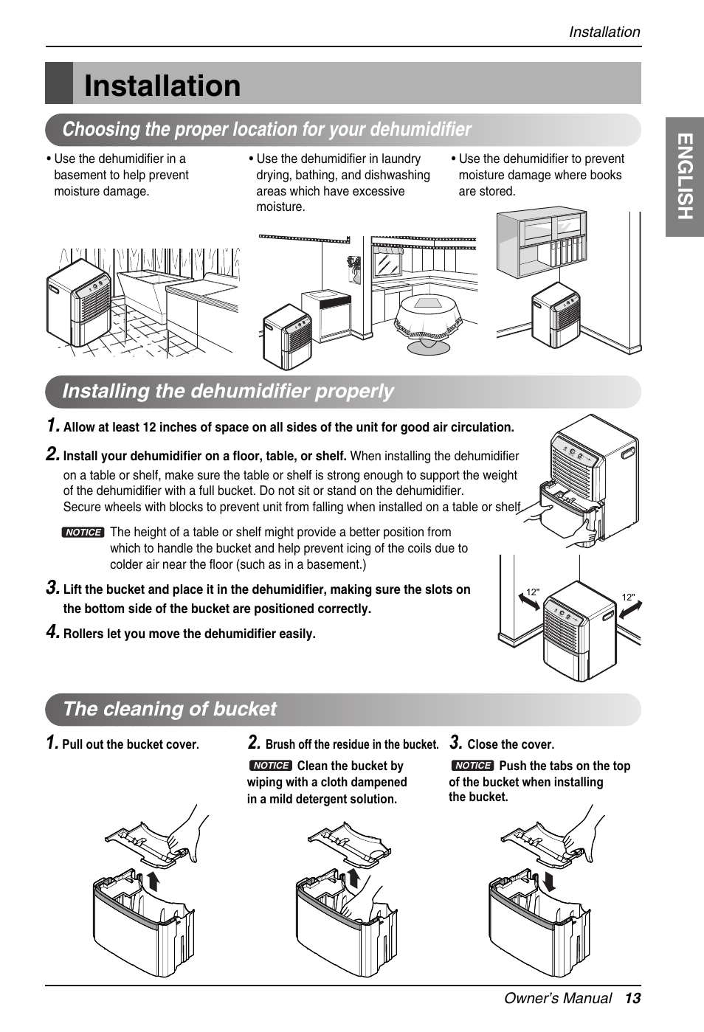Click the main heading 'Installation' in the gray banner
click(x=162, y=86)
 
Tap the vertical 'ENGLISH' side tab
click(x=685, y=177)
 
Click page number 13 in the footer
click(x=632, y=998)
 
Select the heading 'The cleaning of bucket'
click(x=170, y=709)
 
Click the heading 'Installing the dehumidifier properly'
click(x=228, y=391)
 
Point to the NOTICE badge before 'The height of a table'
click(x=83, y=533)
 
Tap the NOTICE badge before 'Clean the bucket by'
click(x=271, y=766)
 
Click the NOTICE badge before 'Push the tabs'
click(x=472, y=766)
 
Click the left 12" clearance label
click(x=532, y=592)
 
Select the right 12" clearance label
click(x=628, y=598)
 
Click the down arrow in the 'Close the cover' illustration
click(x=549, y=880)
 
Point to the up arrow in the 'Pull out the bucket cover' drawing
click(x=153, y=880)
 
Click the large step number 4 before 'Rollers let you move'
click(x=52, y=631)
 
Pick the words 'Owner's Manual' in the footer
click(x=558, y=998)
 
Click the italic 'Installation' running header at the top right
click(x=604, y=32)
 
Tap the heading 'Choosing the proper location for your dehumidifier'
click(x=266, y=130)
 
